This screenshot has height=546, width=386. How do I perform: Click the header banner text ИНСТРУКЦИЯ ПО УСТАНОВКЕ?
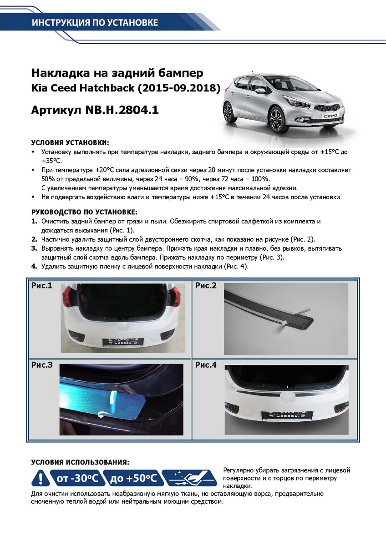[95, 23]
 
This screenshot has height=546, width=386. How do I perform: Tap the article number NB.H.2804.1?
[120, 110]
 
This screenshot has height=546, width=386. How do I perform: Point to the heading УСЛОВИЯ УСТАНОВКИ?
[70, 143]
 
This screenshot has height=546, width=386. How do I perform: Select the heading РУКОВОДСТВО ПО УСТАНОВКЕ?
[84, 212]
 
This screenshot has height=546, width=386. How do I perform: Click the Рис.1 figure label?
[42, 286]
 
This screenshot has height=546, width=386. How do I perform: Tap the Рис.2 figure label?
[206, 286]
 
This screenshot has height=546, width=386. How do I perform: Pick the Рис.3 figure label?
[42, 364]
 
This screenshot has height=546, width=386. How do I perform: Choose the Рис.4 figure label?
[206, 364]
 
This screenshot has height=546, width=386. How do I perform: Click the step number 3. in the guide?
[34, 249]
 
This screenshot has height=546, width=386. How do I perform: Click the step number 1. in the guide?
[34, 222]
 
